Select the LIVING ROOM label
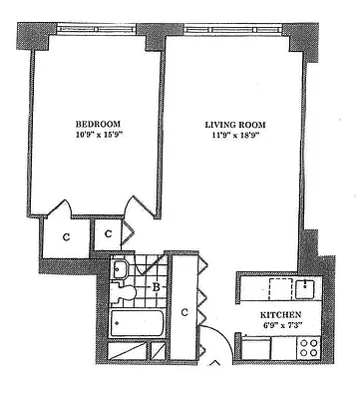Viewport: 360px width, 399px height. pos(235,125)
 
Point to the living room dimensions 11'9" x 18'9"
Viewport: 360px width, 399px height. pos(235,138)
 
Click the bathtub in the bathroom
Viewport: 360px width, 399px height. pos(136,324)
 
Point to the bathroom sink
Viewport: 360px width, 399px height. pos(121,268)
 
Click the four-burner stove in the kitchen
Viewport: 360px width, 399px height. pos(308,350)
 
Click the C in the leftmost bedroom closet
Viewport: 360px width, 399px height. pos(65,237)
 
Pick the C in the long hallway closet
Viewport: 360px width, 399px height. pos(185,311)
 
